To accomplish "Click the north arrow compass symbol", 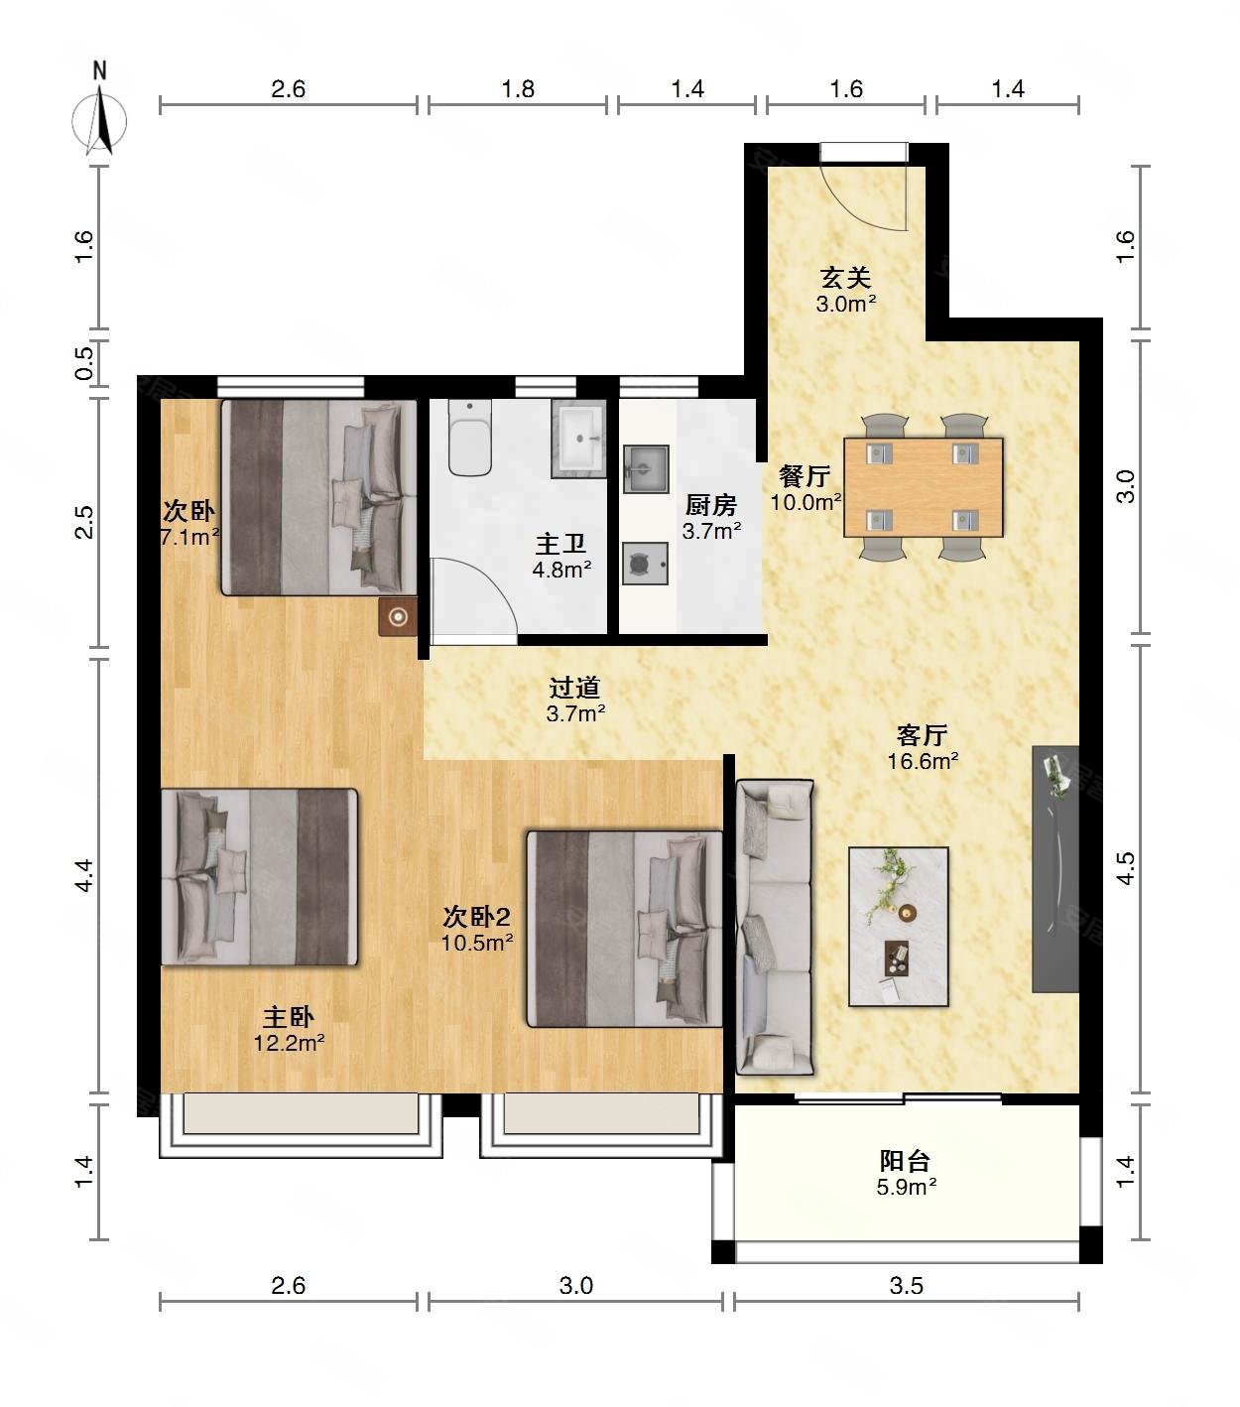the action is coord(100,119).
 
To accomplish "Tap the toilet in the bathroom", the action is coord(470,438).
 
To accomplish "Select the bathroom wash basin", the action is coord(578,439).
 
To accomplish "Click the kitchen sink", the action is coord(646,468).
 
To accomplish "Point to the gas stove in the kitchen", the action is coord(645,564).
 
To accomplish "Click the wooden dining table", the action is coord(924,487).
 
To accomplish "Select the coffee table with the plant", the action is coord(899,927).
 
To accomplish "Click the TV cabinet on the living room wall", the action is coord(1055,869).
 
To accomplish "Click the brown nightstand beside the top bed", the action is coord(398,616).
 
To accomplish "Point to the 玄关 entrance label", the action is coord(845,279).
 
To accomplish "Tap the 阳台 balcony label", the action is coord(906,1161).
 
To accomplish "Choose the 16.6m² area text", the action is coord(924,762).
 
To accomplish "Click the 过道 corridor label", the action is coord(575,688).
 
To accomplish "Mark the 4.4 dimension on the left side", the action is coord(84,875).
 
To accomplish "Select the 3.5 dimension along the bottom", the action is coord(906,1286).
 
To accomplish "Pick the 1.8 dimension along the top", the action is coord(518,89).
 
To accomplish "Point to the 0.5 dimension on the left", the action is coord(84,362).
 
